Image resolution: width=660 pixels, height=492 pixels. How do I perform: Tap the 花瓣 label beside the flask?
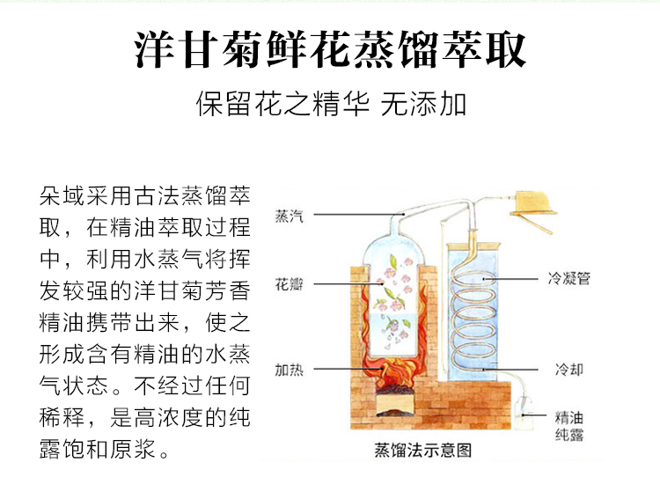pyautogui.click(x=289, y=285)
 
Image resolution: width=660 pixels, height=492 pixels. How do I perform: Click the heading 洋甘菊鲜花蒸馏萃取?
pyautogui.click(x=330, y=50)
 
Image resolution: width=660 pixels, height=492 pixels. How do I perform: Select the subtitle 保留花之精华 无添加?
pyautogui.click(x=330, y=106)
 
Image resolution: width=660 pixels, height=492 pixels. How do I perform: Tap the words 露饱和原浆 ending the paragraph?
pyautogui.click(x=98, y=452)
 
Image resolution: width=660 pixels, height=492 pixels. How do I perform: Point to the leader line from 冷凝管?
pyautogui.click(x=518, y=279)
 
